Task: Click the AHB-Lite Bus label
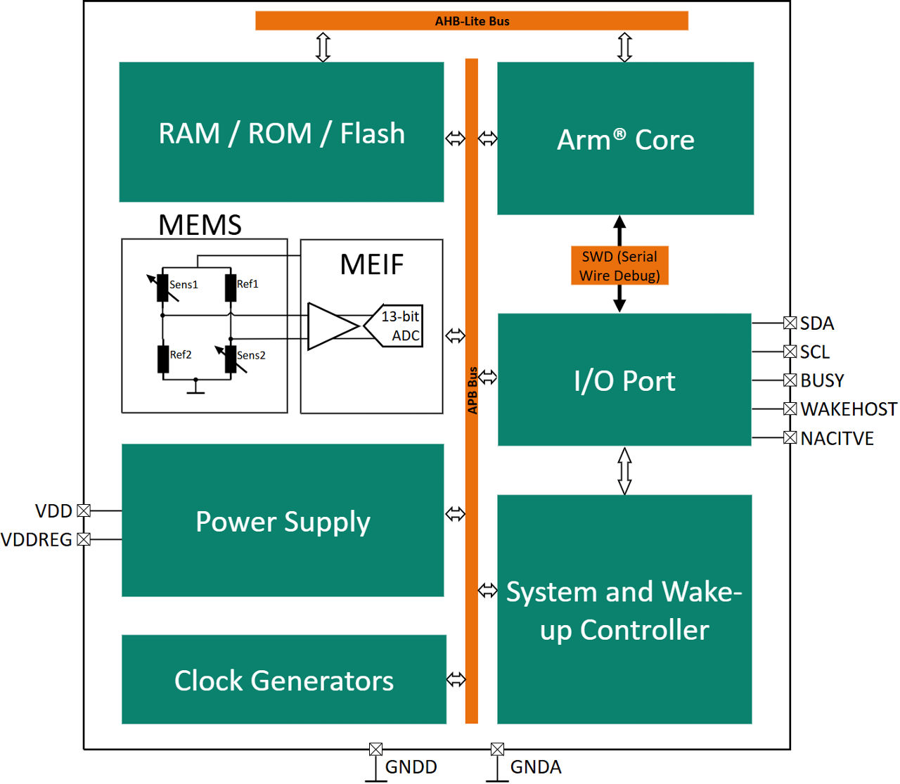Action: pyautogui.click(x=472, y=21)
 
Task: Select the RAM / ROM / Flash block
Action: pyautogui.click(x=281, y=132)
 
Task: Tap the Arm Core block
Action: pyautogui.click(x=625, y=139)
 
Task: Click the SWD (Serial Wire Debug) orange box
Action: pyautogui.click(x=619, y=266)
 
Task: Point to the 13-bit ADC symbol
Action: pyautogui.click(x=396, y=326)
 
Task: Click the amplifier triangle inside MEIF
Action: pyautogui.click(x=330, y=326)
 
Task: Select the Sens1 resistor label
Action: pyautogui.click(x=184, y=285)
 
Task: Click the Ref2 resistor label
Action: pyautogui.click(x=181, y=355)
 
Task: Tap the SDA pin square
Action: pyautogui.click(x=790, y=323)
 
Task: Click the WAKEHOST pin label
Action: pyautogui.click(x=849, y=409)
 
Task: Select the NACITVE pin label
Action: pyautogui.click(x=837, y=439)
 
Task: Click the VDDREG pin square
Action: pyautogui.click(x=84, y=539)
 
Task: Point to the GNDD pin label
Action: pyautogui.click(x=411, y=767)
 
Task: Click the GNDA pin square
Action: pyautogui.click(x=497, y=749)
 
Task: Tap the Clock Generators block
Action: pyautogui.click(x=283, y=680)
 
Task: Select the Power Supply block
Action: pyautogui.click(x=283, y=521)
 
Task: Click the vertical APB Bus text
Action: pyautogui.click(x=472, y=390)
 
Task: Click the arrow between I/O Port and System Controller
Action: pyautogui.click(x=624, y=470)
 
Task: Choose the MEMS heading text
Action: pyautogui.click(x=200, y=225)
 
